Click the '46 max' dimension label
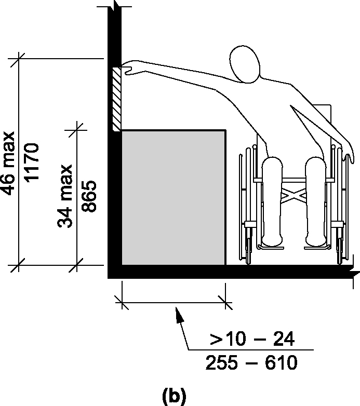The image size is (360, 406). [8, 164]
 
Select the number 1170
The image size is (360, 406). [32, 163]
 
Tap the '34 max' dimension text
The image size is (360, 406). [65, 196]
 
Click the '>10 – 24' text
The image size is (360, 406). [252, 339]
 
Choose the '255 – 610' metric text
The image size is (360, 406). [251, 362]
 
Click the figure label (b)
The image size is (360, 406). [174, 395]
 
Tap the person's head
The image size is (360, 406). [245, 64]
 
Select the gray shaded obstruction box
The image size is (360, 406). [174, 198]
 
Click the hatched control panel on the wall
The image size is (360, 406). [116, 99]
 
